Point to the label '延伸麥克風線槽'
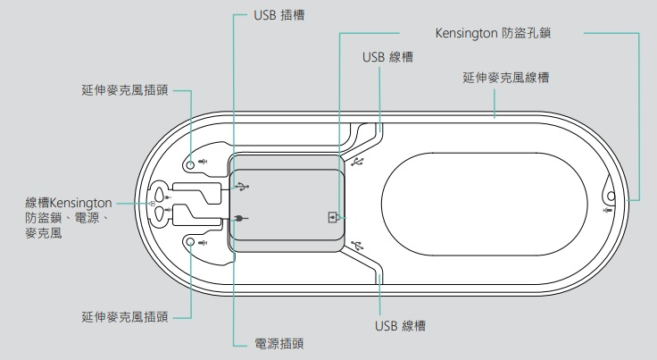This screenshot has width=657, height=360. (505, 78)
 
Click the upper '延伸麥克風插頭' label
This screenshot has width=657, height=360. (123, 89)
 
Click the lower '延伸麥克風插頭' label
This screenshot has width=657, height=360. (123, 316)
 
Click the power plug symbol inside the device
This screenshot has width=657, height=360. (241, 219)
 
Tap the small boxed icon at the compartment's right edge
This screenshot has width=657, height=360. (333, 216)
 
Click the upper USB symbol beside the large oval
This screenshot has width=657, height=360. (359, 162)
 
